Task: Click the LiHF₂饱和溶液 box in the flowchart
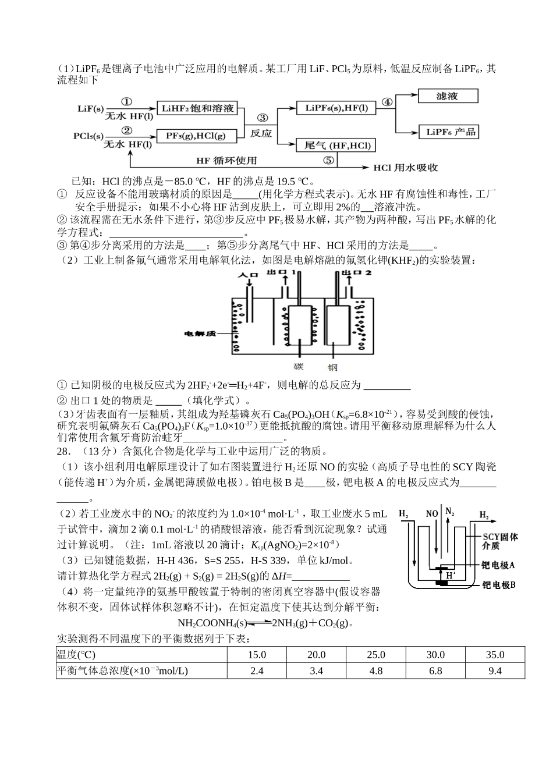pos(198,108)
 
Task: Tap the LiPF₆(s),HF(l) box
pos(332,108)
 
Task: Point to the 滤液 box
pos(447,97)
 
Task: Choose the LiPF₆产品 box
pos(447,132)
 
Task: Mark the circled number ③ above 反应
pos(262,117)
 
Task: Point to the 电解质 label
pos(200,334)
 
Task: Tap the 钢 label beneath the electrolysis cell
pos(332,367)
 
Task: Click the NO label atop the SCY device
pos(431,514)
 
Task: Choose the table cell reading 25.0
pos(376,655)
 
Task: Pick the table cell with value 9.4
pos(494,671)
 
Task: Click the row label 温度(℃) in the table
pos(76,655)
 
